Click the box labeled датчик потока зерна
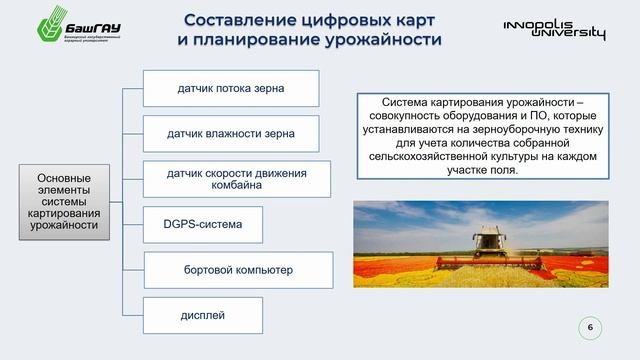[231, 89]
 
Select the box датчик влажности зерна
[232, 133]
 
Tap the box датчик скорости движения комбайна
[236, 179]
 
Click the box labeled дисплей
[202, 316]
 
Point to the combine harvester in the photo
[489, 243]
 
